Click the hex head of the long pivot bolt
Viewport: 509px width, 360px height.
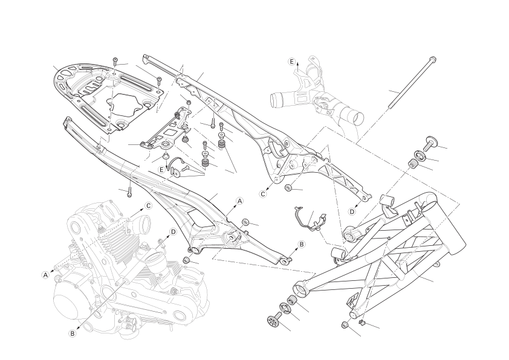(x=432, y=59)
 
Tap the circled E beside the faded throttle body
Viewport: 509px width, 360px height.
(x=291, y=62)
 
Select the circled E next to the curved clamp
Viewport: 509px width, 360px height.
(x=161, y=170)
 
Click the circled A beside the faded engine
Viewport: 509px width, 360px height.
(x=45, y=274)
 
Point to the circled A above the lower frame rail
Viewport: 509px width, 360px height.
(x=239, y=201)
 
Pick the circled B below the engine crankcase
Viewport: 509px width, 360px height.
(x=73, y=333)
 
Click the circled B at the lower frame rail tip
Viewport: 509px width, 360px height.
(x=301, y=244)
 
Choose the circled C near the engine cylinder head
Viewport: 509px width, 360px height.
(x=148, y=205)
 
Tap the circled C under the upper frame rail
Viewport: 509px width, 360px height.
(x=263, y=194)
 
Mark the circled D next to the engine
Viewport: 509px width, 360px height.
(x=173, y=231)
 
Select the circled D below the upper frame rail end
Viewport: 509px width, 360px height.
(x=352, y=211)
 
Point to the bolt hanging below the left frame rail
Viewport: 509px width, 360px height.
(x=129, y=191)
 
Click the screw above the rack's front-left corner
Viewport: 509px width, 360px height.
(x=115, y=60)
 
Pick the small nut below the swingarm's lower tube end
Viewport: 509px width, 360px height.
(x=345, y=326)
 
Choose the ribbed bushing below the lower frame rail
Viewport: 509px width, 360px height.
(x=187, y=260)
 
